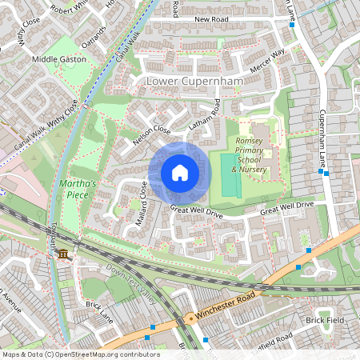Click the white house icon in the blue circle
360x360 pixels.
click(x=179, y=172)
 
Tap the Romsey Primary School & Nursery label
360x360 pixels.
click(x=252, y=154)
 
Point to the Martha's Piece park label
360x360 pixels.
click(x=78, y=188)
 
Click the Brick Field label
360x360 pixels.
click(x=325, y=320)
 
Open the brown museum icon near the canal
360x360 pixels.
click(x=62, y=254)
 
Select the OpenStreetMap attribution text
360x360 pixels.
click(x=80, y=354)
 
